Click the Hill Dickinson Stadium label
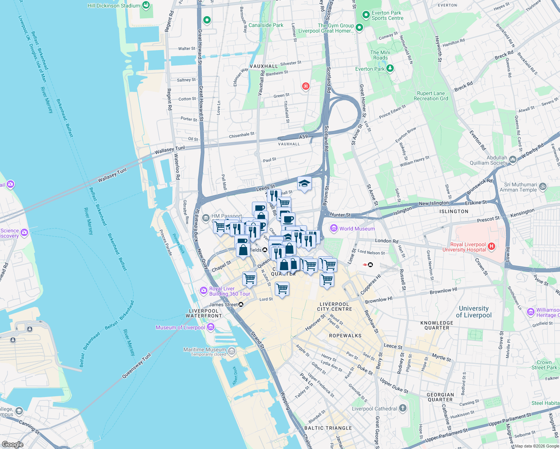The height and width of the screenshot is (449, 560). (114, 6)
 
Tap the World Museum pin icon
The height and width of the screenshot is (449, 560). (334, 228)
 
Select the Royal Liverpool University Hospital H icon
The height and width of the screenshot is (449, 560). (492, 246)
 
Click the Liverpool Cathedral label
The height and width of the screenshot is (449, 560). (374, 409)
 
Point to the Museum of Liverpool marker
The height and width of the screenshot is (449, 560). (211, 327)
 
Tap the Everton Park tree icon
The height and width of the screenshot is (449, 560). (390, 68)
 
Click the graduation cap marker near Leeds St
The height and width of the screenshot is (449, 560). (304, 184)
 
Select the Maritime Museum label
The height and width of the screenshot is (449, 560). (205, 349)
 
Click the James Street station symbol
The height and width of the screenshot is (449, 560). (241, 305)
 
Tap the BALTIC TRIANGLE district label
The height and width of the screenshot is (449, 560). (328, 428)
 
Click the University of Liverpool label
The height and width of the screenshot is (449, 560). (474, 312)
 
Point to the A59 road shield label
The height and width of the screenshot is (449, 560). (303, 137)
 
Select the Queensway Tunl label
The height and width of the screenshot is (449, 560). (136, 366)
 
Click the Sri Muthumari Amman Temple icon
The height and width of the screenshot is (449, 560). (543, 186)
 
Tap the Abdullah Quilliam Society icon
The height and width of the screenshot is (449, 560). (512, 159)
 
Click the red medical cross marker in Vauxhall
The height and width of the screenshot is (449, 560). (306, 86)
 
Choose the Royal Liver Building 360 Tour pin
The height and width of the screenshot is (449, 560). (203, 290)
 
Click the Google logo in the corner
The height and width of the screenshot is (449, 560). (13, 444)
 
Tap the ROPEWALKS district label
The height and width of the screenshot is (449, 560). (345, 336)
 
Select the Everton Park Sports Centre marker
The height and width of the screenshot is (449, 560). (366, 15)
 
